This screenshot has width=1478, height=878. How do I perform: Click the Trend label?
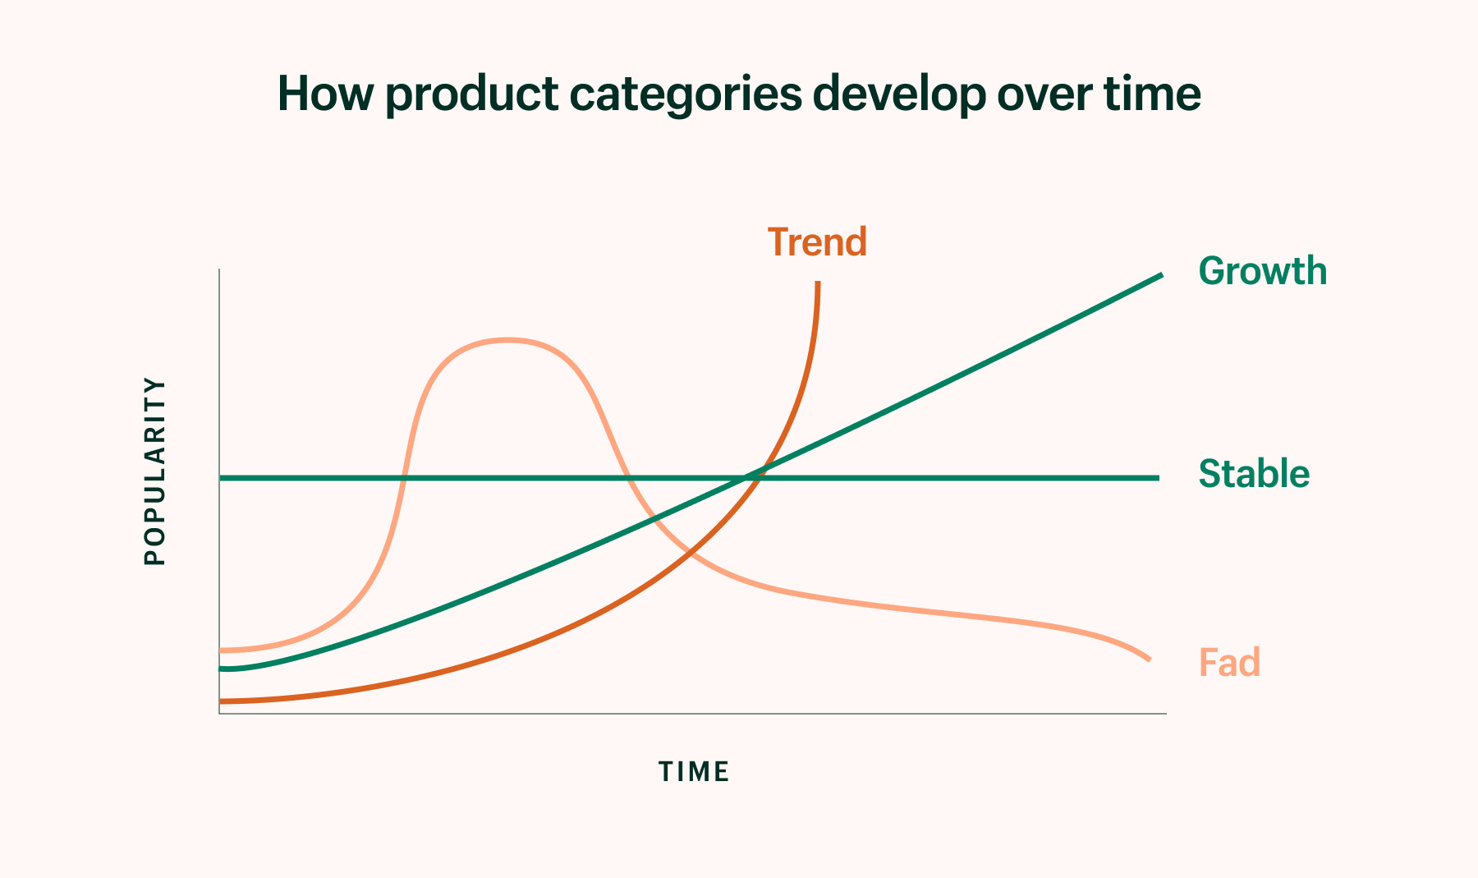pos(817,242)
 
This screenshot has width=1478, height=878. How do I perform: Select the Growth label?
pos(1262,271)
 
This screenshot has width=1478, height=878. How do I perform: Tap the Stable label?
pos(1254,474)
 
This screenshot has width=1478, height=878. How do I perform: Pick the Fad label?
pos(1229,662)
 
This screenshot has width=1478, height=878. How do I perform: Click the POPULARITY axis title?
pos(154,471)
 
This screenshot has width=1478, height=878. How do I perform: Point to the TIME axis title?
pos(694,772)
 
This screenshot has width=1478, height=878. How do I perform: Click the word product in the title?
pos(472,95)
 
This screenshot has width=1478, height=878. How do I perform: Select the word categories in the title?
pos(685,95)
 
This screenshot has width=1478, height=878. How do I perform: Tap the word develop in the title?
pos(899,95)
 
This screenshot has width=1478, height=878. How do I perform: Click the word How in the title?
pos(325,94)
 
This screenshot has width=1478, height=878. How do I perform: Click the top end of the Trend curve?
pos(818,283)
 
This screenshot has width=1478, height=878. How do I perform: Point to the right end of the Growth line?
pos(1161,275)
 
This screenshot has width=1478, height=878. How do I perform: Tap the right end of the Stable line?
pos(1158,477)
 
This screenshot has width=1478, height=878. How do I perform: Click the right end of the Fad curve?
pos(1149,659)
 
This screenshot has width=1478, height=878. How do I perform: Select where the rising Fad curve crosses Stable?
pos(403,477)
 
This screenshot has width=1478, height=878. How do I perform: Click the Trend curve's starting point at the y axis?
pos(221,701)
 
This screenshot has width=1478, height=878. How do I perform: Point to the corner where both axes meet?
pos(219,713)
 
